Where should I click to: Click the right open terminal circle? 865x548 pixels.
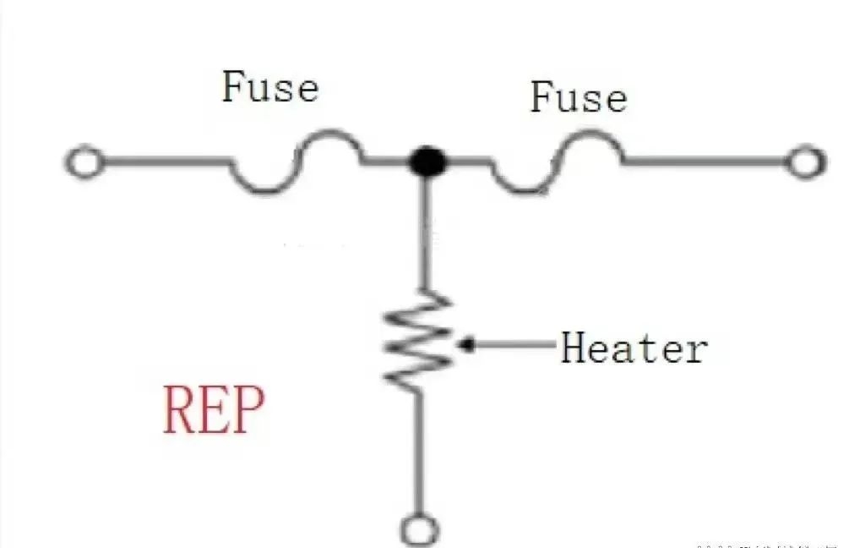[x=805, y=162]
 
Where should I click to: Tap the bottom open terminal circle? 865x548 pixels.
[x=420, y=530]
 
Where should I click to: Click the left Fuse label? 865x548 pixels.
[x=270, y=87]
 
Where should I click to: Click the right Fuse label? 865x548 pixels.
[x=579, y=97]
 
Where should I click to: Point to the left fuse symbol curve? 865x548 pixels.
[x=296, y=162]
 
